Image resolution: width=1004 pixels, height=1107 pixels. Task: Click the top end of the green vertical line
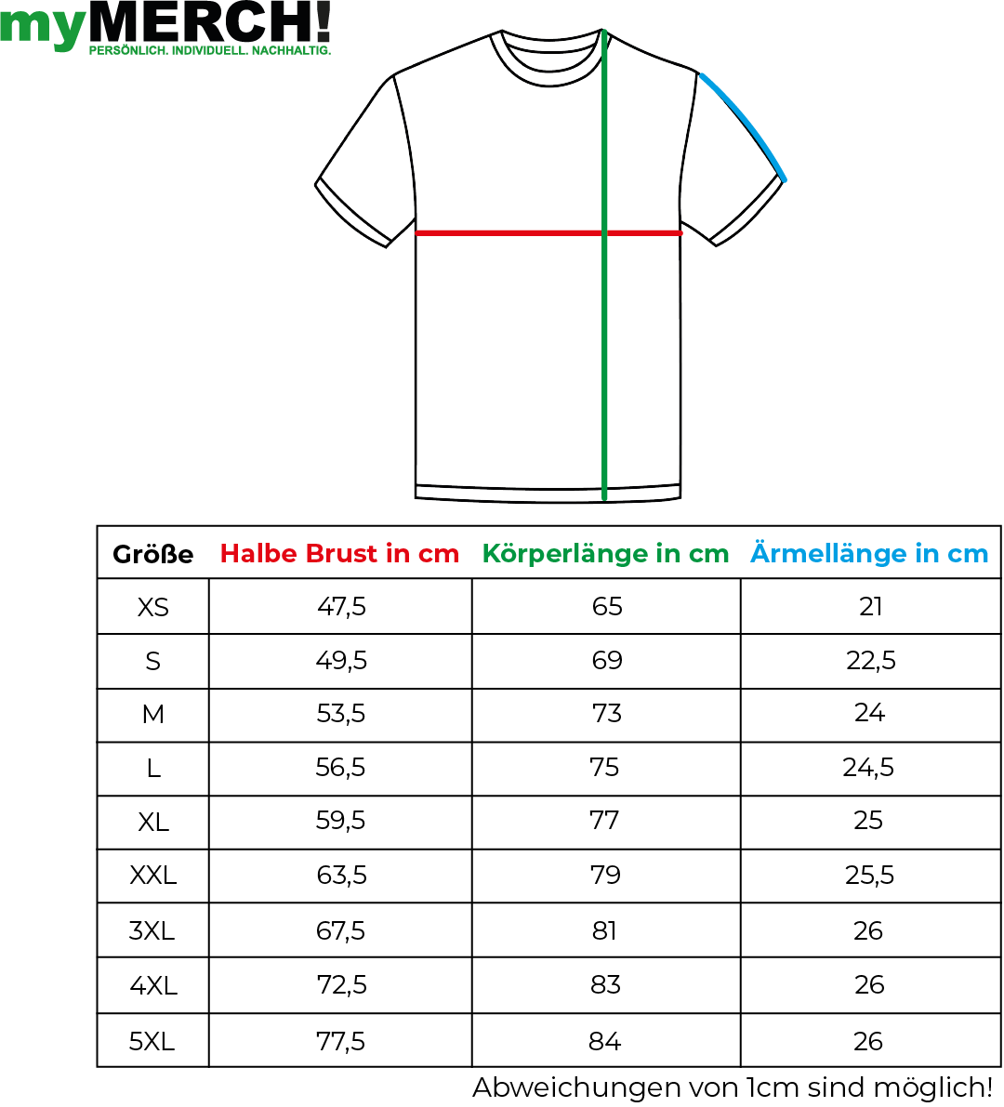tap(603, 31)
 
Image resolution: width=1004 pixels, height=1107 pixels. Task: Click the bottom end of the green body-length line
tap(604, 498)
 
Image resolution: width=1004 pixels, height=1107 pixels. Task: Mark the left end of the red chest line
tap(416, 232)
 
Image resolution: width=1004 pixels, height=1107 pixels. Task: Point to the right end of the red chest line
tap(680, 232)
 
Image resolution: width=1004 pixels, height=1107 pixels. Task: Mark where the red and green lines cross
tap(604, 232)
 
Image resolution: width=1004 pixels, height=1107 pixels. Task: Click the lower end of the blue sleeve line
tap(784, 179)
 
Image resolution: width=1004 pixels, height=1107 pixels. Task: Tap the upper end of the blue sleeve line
tap(701, 75)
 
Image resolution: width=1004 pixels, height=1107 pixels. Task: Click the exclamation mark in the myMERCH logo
tap(323, 21)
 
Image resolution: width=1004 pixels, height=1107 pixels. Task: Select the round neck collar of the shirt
tap(550, 58)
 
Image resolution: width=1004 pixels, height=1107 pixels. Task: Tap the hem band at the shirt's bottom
tap(548, 493)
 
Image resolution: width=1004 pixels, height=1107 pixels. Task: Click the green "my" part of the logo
tap(44, 27)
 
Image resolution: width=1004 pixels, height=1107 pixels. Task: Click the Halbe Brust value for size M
tap(341, 714)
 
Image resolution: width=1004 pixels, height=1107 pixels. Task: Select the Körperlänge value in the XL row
tap(604, 821)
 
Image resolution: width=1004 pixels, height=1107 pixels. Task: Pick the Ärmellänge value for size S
tap(870, 661)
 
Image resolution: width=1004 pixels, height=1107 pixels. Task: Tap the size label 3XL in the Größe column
tap(152, 930)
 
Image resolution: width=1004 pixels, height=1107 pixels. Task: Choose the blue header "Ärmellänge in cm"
tap(869, 553)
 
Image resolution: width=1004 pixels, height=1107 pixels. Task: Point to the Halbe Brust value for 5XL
tap(341, 1041)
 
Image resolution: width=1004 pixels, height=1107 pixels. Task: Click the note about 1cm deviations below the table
tap(733, 1087)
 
